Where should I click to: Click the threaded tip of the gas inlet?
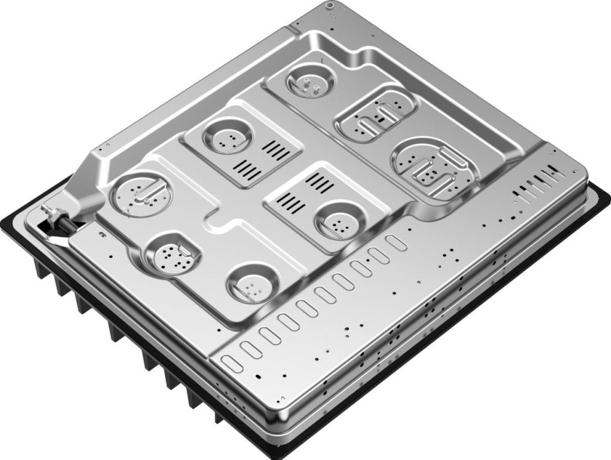coord(45,210)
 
